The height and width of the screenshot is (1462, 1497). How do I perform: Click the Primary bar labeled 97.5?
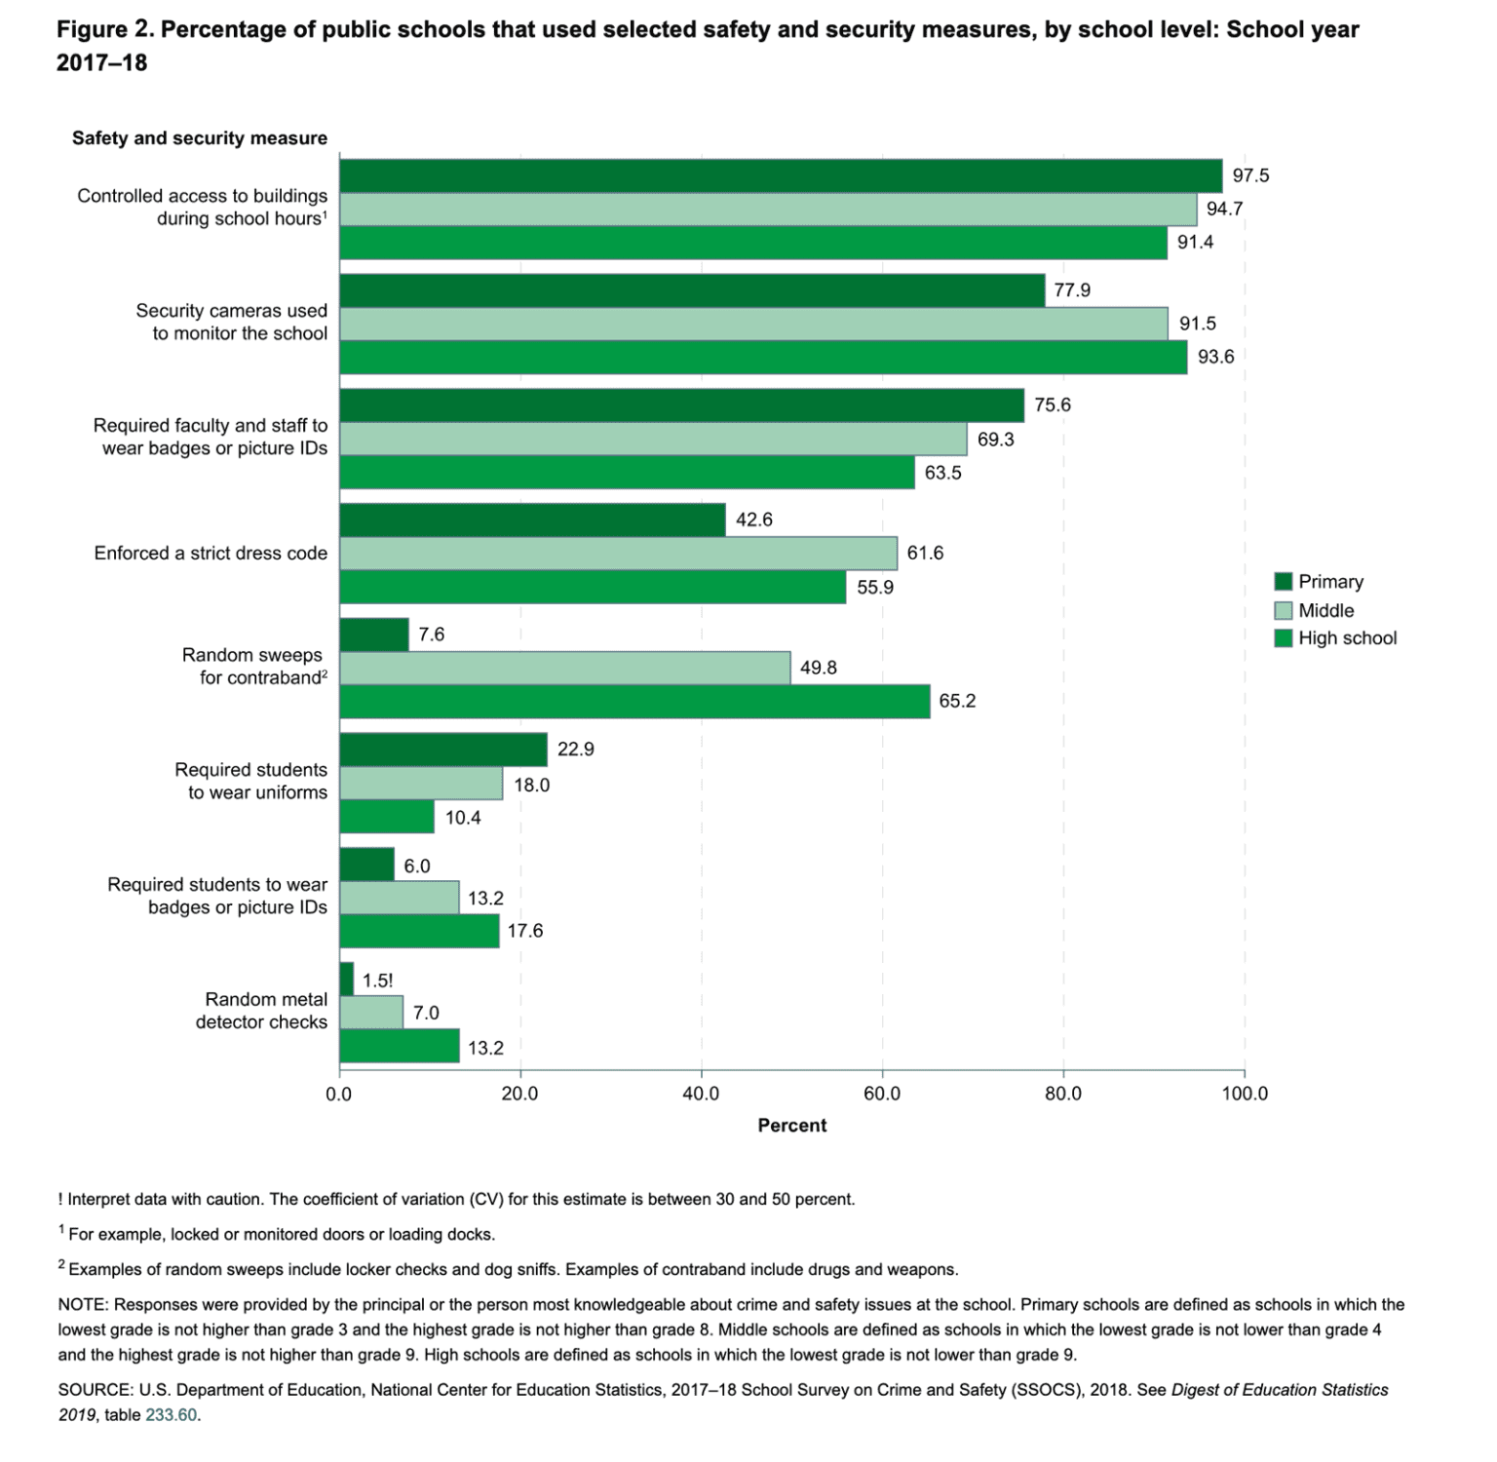coord(780,176)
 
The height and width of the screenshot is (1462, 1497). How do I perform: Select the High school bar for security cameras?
coord(763,358)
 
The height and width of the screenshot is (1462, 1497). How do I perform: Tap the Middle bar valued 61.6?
coord(618,554)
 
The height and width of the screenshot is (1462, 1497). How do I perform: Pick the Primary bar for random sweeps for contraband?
coord(374,635)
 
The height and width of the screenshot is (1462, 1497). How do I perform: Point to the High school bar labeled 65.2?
coord(634,702)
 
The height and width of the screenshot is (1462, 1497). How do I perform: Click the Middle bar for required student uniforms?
coord(421,784)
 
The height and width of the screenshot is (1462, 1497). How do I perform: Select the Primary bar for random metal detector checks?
coord(347,980)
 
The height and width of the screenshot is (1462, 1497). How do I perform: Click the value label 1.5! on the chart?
coord(378,981)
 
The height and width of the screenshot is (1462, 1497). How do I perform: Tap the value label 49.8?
coord(819,669)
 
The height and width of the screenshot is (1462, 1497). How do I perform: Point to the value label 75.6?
coord(1053,405)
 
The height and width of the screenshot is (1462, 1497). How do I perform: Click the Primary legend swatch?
coord(1284,582)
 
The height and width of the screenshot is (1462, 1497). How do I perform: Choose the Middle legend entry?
coord(1325,611)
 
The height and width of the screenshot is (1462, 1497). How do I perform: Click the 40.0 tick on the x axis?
coord(701,1095)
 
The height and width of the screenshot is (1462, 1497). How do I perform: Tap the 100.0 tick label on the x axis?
coord(1245,1095)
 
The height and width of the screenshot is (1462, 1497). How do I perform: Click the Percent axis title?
coord(791,1126)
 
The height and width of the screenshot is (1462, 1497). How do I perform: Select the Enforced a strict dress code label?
coord(211,554)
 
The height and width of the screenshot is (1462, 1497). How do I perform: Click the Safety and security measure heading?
coord(200,138)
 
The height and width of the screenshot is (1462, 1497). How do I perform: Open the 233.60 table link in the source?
coord(171,1415)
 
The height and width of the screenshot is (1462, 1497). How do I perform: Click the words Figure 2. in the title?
coord(104,30)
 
